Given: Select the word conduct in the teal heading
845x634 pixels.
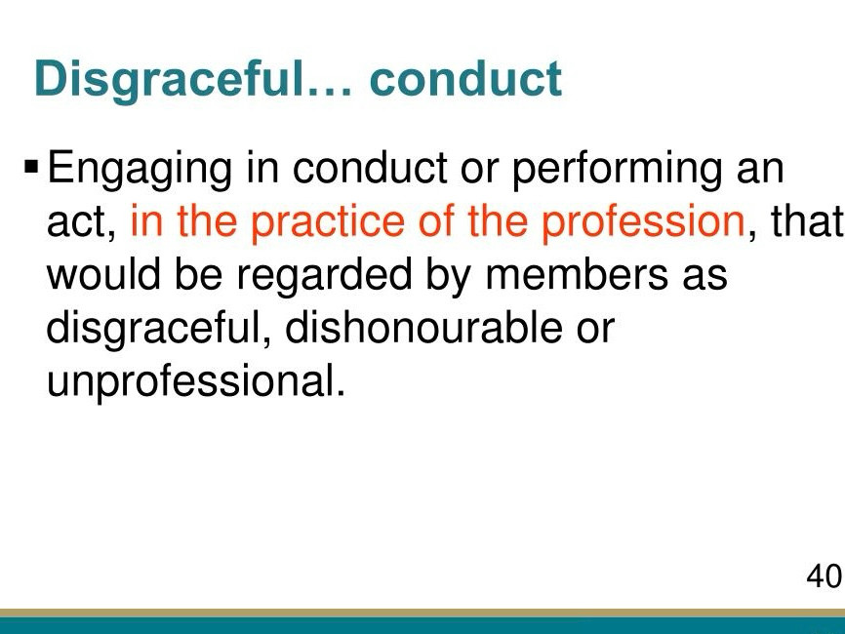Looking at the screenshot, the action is [465, 79].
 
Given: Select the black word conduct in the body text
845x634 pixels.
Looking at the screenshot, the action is [370, 168].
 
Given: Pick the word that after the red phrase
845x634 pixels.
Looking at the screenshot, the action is [807, 220].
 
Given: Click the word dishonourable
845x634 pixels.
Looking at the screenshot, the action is [423, 327].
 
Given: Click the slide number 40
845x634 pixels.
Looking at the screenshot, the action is [824, 575].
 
